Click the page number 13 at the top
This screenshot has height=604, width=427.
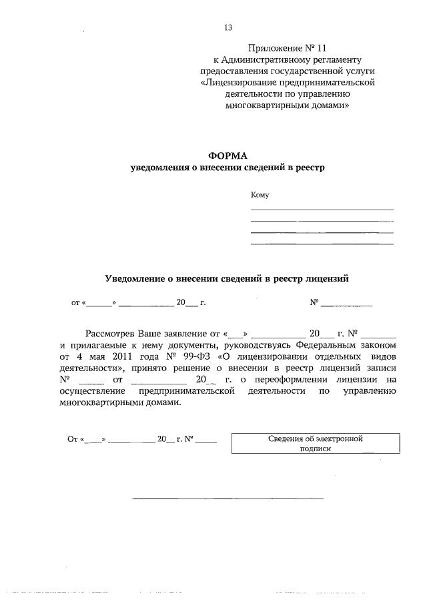tap(228, 27)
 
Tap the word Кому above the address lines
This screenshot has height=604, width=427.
tap(260, 195)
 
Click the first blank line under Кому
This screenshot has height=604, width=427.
tap(322, 210)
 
